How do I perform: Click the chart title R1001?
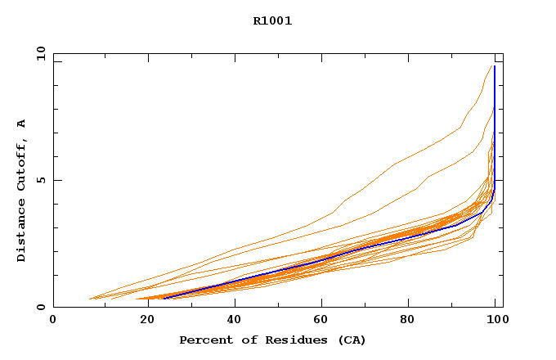(272, 21)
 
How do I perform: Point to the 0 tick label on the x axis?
(53, 321)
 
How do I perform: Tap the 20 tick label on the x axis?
(142, 321)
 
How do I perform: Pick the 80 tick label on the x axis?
(408, 321)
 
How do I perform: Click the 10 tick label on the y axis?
(41, 54)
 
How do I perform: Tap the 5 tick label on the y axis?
(41, 180)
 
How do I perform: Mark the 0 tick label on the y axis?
(41, 307)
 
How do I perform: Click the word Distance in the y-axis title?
(22, 232)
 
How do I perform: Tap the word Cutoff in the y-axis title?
(22, 166)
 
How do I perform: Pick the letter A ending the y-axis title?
(22, 124)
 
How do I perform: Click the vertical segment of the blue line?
(495, 131)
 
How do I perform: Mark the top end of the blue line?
(495, 65)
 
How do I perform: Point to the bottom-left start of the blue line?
(164, 299)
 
